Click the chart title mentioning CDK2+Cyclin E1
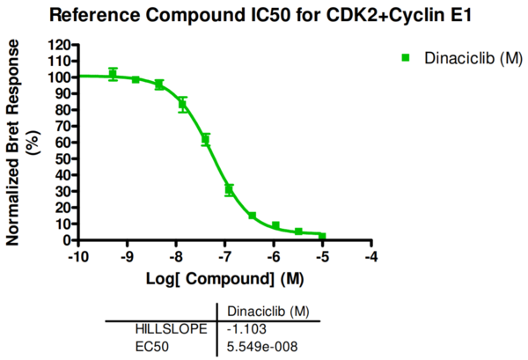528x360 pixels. [264, 15]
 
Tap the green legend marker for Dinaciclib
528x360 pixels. [406, 57]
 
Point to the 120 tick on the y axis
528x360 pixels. [60, 44]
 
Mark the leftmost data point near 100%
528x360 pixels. [113, 75]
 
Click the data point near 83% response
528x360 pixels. [182, 105]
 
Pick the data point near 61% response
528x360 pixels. [205, 140]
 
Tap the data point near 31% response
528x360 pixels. [229, 189]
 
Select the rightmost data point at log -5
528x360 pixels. [323, 236]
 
